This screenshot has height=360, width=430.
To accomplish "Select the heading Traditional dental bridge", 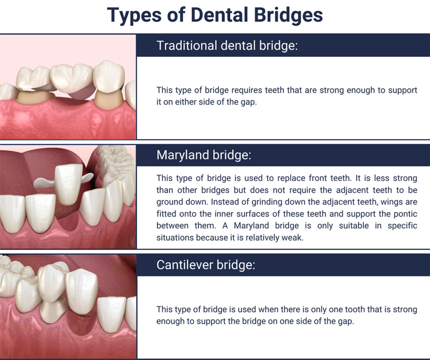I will click(x=227, y=45).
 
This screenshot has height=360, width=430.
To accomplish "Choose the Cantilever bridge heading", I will click(x=206, y=265).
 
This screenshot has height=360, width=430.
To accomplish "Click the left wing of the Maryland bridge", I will click(x=45, y=183).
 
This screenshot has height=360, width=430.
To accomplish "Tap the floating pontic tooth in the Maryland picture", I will click(x=69, y=183).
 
